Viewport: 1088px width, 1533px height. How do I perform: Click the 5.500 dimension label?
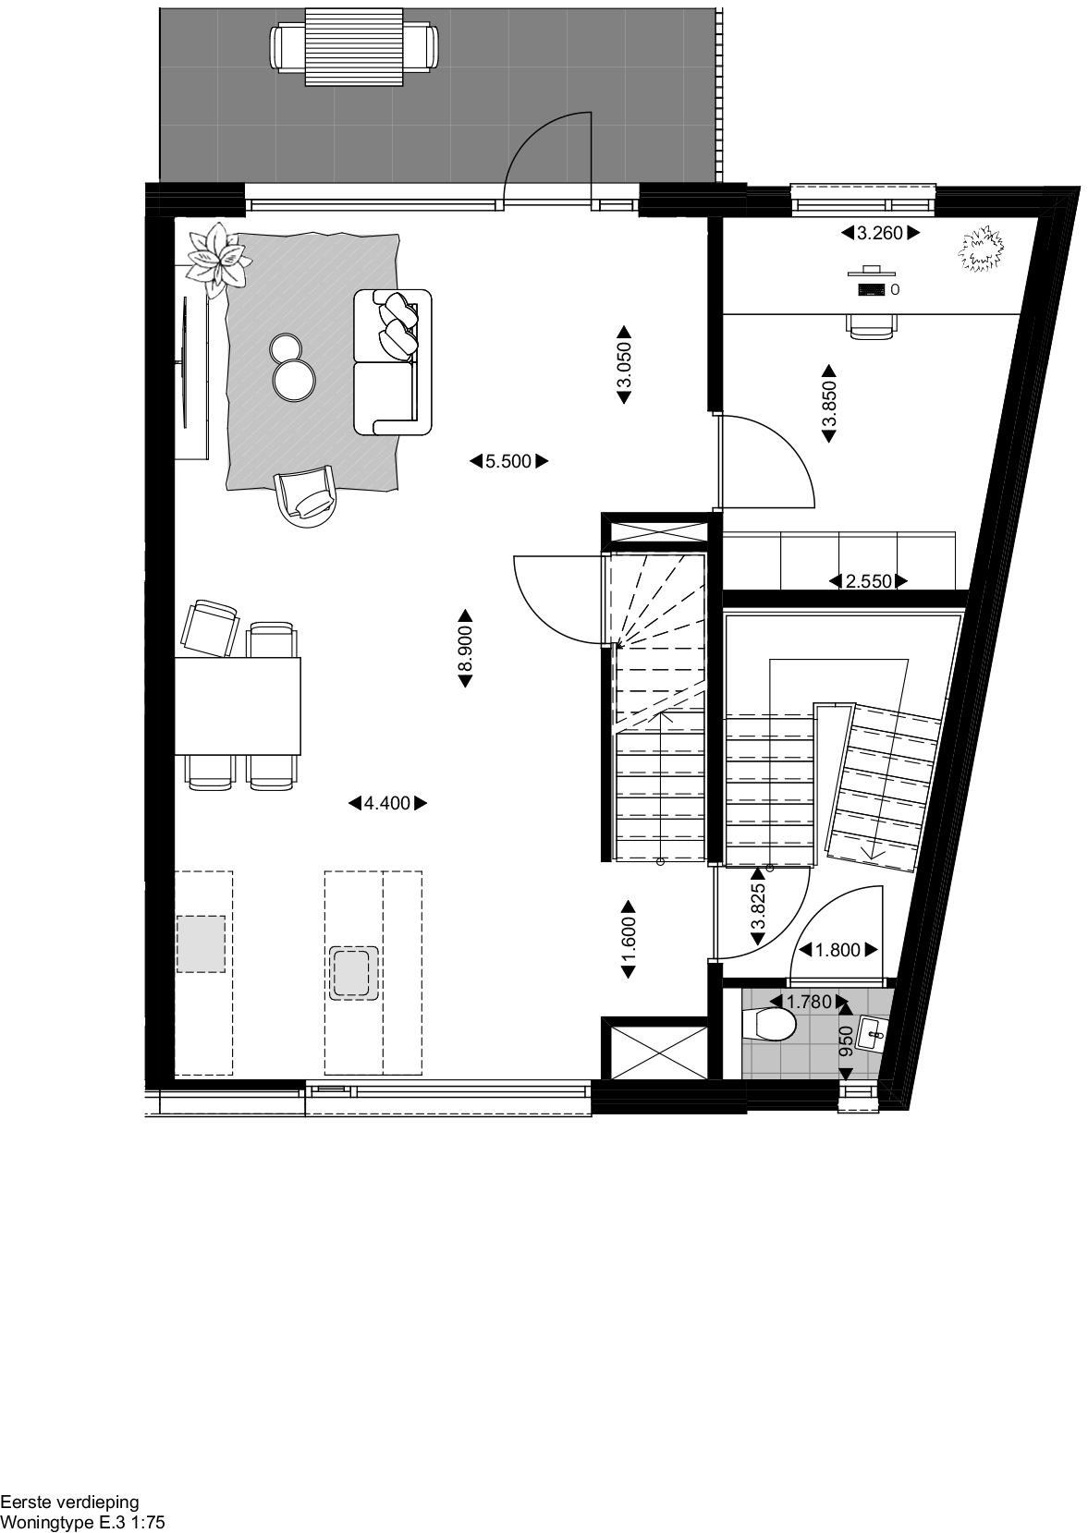pyautogui.click(x=508, y=462)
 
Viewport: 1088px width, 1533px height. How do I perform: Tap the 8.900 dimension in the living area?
pyautogui.click(x=466, y=648)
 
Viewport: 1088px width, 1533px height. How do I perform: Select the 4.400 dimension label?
pyautogui.click(x=387, y=803)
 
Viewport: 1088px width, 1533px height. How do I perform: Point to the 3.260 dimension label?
pyautogui.click(x=881, y=234)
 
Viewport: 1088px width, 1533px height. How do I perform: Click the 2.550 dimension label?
pyautogui.click(x=869, y=582)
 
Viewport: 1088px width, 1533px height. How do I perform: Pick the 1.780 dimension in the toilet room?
pyautogui.click(x=809, y=1002)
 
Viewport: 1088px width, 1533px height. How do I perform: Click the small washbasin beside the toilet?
pyautogui.click(x=873, y=1033)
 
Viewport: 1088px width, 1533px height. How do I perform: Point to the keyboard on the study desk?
pyautogui.click(x=872, y=289)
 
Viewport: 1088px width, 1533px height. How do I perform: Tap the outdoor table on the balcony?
pyautogui.click(x=354, y=46)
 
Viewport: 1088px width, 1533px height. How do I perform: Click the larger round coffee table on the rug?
pyautogui.click(x=294, y=379)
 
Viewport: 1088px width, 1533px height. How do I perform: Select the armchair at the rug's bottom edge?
pyautogui.click(x=306, y=495)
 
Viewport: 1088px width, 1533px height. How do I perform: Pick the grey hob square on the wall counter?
pyautogui.click(x=201, y=943)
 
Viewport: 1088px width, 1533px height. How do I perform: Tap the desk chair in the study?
pyautogui.click(x=873, y=326)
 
